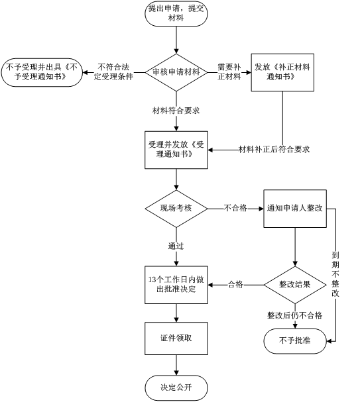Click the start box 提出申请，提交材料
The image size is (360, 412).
[x=176, y=14]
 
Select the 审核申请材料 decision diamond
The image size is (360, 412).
[x=176, y=72]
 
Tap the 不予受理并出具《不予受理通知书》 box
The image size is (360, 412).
[x=42, y=72]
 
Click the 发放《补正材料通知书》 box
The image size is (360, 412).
[x=282, y=72]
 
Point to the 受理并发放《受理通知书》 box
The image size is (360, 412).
[x=176, y=150]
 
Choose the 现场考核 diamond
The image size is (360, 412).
[x=176, y=209]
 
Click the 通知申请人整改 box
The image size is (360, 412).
[x=295, y=209]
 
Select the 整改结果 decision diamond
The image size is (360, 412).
[x=295, y=285]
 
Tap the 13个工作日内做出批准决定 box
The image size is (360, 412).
[x=176, y=285]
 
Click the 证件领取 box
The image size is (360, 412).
[x=176, y=338]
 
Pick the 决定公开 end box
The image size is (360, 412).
[x=176, y=388]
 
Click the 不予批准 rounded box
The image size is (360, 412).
[x=295, y=341]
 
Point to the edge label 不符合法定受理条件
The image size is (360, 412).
[x=113, y=72]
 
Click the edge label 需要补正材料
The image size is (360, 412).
[x=229, y=72]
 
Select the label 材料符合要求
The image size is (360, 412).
[x=176, y=111]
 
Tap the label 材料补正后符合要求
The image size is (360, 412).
[x=274, y=150]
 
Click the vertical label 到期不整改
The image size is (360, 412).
[x=335, y=274]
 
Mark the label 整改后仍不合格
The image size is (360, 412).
[x=295, y=315]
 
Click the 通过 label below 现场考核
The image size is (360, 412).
[x=176, y=246]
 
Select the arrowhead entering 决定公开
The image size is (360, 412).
[x=176, y=373]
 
